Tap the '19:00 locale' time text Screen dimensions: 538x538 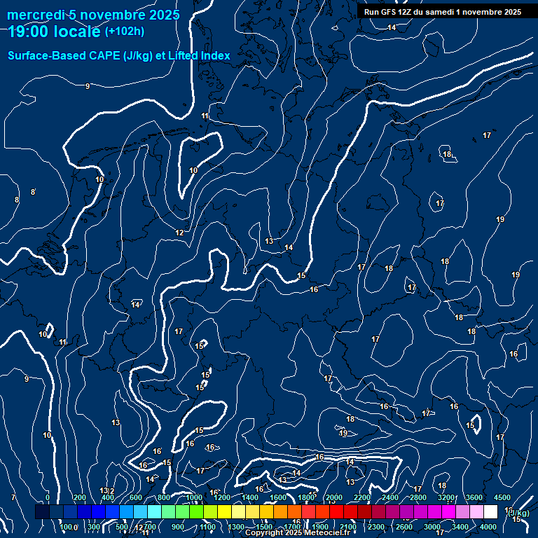tap(53, 32)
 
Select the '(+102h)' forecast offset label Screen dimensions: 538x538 tap(125, 32)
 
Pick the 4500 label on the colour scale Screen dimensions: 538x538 tap(502, 497)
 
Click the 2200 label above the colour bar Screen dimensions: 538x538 tap(362, 497)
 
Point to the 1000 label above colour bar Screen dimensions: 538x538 tap(194, 497)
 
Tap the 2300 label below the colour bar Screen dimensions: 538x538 tap(376, 527)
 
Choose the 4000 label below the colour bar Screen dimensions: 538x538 tap(488, 527)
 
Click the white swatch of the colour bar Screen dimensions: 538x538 tap(490, 512)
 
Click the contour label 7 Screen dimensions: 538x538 tap(13, 497)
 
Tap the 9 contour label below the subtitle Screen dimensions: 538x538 tap(88, 86)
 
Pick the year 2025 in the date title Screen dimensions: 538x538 tap(163, 15)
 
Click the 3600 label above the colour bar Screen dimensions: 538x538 tap(474, 497)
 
